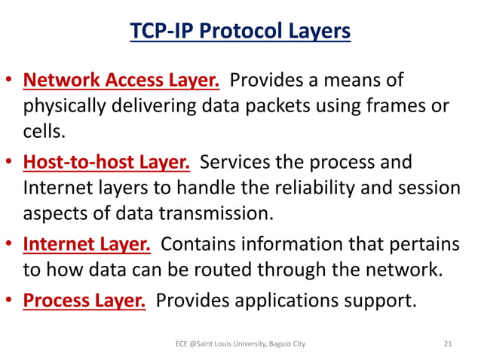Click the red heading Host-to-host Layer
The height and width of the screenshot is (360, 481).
[x=107, y=162]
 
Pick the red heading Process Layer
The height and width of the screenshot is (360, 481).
[x=84, y=300]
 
